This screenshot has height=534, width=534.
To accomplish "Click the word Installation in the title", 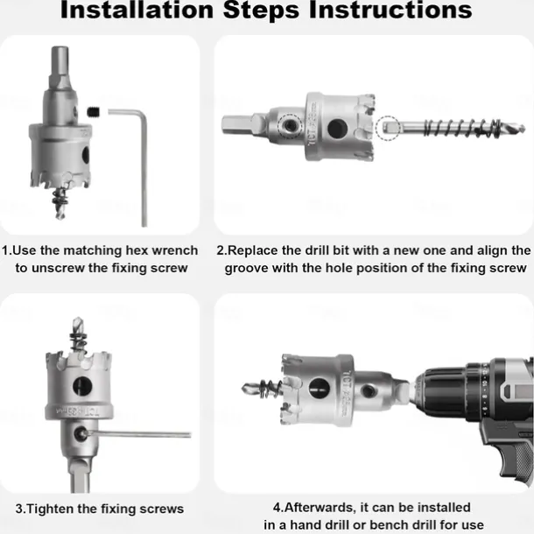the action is point(137,11).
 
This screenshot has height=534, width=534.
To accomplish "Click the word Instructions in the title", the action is point(390,11).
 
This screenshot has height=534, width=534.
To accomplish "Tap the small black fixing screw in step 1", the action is point(93,111).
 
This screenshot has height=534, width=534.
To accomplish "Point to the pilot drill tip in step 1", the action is point(60,214).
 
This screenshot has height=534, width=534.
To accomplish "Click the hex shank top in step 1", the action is point(60,54).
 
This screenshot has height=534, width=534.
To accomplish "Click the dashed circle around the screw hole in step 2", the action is point(290,126).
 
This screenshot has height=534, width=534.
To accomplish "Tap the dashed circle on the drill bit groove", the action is point(388,128).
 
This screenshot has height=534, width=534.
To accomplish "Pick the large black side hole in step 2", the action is point(338,129).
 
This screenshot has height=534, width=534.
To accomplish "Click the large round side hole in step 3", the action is point(82,386).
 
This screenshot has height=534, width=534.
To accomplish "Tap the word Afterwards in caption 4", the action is point(320,508).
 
